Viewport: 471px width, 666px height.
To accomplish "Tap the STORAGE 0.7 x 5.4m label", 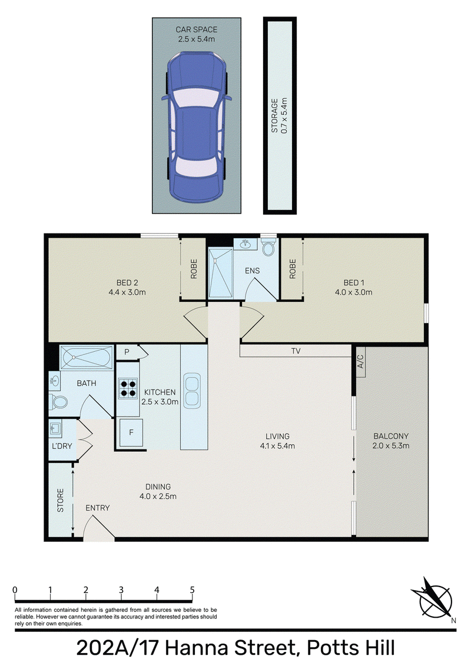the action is [x=279, y=115].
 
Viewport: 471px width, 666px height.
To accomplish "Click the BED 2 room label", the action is [x=127, y=287].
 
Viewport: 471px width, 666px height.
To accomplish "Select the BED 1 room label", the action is [x=353, y=287].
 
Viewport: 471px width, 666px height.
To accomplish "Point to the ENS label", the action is [x=252, y=271].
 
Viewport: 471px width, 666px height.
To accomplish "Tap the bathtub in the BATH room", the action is [x=87, y=358].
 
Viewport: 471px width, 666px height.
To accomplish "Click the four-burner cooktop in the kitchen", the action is [x=128, y=388].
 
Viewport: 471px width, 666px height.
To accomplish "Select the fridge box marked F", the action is [x=131, y=432].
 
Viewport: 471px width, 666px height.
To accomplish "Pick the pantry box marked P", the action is [x=127, y=352].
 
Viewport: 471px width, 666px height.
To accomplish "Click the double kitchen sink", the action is [x=192, y=391].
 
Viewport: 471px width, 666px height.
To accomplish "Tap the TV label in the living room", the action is [x=296, y=351].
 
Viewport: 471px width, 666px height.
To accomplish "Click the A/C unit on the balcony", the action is [x=360, y=361].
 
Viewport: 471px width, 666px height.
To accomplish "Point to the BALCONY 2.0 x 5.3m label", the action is [x=391, y=441].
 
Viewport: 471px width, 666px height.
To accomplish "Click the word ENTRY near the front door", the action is [x=97, y=508].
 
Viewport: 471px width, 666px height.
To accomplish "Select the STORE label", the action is [x=61, y=500].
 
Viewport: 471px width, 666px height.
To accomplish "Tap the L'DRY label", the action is [x=62, y=446].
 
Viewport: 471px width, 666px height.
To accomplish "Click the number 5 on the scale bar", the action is [x=193, y=590].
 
